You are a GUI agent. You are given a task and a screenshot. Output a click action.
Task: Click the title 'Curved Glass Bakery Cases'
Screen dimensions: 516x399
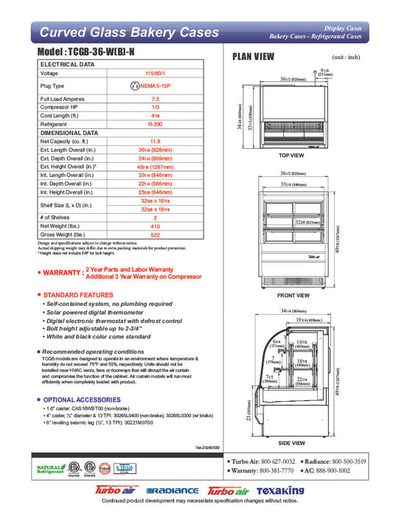[129, 32]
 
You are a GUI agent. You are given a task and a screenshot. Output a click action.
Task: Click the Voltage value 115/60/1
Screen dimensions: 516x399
[156, 74]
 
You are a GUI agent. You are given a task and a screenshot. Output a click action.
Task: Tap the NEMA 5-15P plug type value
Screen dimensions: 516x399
[156, 86]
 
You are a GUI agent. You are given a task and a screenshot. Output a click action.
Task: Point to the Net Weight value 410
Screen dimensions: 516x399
[156, 226]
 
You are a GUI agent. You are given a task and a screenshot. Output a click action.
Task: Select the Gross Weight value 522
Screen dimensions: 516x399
[156, 234]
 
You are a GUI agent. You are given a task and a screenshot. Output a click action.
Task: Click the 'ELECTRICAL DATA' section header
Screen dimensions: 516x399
[67, 65]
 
